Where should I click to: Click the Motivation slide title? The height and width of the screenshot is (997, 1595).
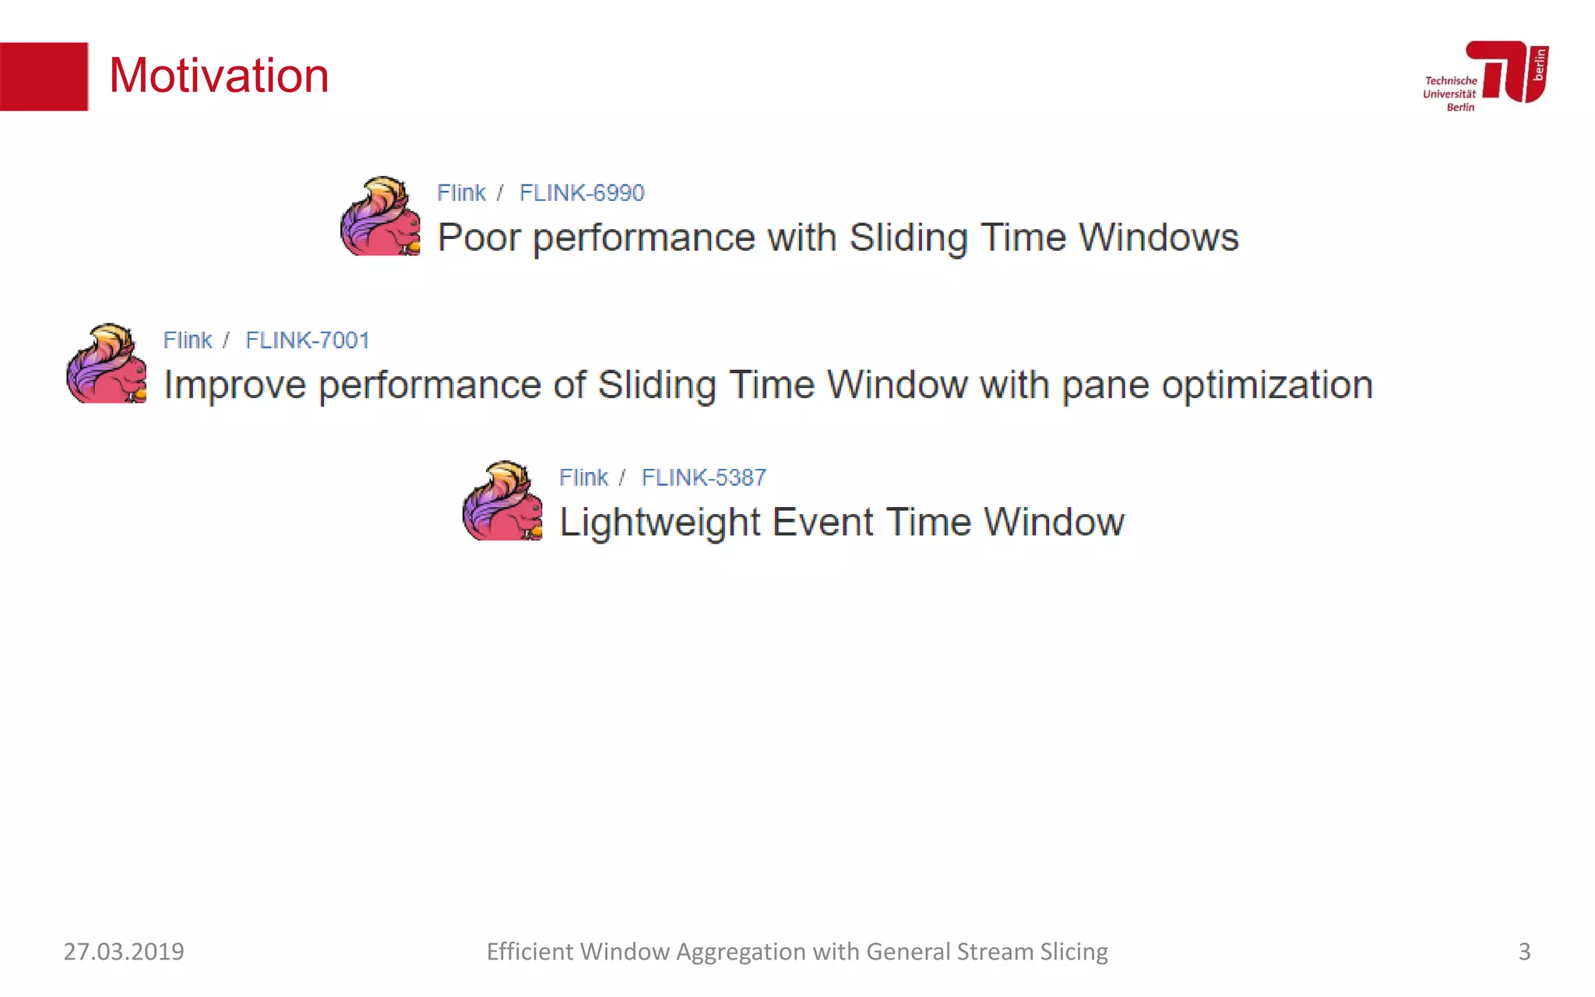[x=219, y=76]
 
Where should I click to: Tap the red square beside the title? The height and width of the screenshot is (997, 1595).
[x=44, y=76]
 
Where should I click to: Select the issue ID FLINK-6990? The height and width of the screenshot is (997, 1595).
[x=582, y=192]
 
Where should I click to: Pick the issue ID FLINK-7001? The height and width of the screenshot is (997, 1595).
[x=307, y=340]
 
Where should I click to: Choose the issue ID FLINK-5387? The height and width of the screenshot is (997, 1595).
[x=703, y=477]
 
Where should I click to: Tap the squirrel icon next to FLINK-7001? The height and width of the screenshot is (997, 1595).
[x=107, y=364]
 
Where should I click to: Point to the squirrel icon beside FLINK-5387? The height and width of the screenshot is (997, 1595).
[x=503, y=501]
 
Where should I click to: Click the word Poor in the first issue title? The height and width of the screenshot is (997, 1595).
[x=478, y=238]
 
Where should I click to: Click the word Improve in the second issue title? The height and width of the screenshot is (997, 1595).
[x=234, y=386]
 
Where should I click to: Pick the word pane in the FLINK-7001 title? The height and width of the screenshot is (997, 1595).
[x=1105, y=386]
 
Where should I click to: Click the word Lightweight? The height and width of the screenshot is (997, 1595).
[x=660, y=523]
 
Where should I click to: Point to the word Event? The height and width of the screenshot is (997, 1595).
[x=822, y=522]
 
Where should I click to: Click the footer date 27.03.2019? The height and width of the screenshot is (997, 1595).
[x=124, y=951]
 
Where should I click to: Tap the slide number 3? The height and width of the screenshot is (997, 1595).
[x=1524, y=951]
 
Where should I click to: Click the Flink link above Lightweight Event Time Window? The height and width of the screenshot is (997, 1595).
[x=583, y=477]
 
